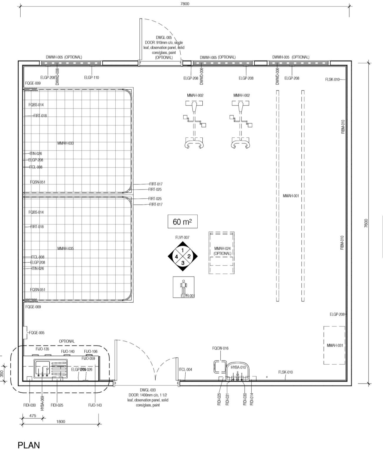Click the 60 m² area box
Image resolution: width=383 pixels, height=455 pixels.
pos(182,222)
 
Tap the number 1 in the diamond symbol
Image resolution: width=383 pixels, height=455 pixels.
pos(183,250)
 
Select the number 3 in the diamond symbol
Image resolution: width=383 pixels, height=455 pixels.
pos(183,263)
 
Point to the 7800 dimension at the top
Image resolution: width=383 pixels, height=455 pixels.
pos(185,4)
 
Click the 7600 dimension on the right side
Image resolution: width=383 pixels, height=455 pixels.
pos(366,223)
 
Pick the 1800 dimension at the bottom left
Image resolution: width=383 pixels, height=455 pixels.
pos(60,421)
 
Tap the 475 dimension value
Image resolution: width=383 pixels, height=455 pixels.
pos(33,416)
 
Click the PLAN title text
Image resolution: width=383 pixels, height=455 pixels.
pos(29,445)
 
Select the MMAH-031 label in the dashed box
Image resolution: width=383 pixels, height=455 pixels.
pos(335,345)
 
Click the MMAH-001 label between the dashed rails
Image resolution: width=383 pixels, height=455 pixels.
pos(291,196)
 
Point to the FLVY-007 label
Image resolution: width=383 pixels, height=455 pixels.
pos(182,237)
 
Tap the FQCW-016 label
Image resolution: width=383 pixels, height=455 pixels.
pos(220,348)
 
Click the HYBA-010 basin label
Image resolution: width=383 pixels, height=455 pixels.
pos(238,367)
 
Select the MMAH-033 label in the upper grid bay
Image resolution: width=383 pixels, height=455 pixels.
pos(66,143)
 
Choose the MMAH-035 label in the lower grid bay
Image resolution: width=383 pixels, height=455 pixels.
pos(66,249)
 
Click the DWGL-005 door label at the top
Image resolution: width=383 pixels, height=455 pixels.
pos(164,38)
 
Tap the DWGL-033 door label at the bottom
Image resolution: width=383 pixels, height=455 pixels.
pos(148,390)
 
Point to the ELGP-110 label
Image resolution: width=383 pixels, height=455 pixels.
pos(91,78)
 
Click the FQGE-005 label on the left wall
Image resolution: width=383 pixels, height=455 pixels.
pos(37,333)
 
